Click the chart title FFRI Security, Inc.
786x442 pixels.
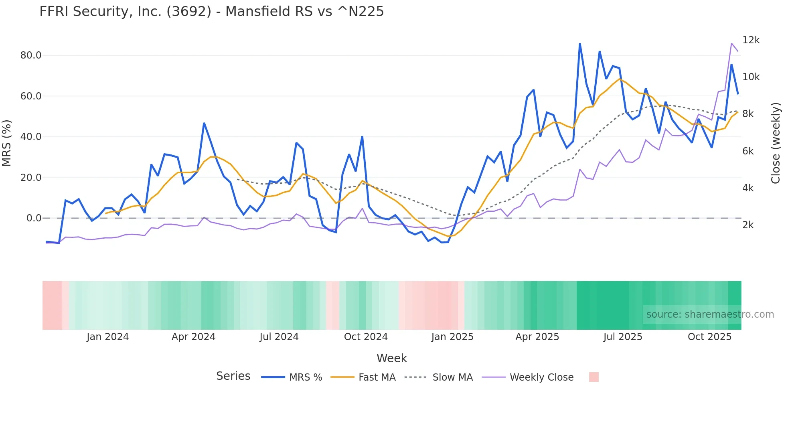pos(211,12)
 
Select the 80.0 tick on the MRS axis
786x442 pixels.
pos(31,55)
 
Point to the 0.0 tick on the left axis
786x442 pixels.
pos(34,218)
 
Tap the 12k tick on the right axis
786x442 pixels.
pos(751,40)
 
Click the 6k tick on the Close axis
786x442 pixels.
pos(748,151)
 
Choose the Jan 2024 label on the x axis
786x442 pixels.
pos(107,337)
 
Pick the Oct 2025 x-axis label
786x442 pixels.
pos(709,337)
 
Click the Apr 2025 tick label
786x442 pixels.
pos(537,337)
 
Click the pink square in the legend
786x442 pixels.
pos(594,377)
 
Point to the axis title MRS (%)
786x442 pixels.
pos(7,143)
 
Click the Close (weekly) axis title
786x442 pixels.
pos(776,143)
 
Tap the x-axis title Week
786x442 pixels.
pos(391,358)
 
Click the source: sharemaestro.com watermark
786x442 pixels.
pos(710,314)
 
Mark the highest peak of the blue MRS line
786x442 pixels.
pos(580,43)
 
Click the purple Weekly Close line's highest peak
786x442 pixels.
pos(731,43)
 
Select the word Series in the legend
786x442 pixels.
pos(233,376)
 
